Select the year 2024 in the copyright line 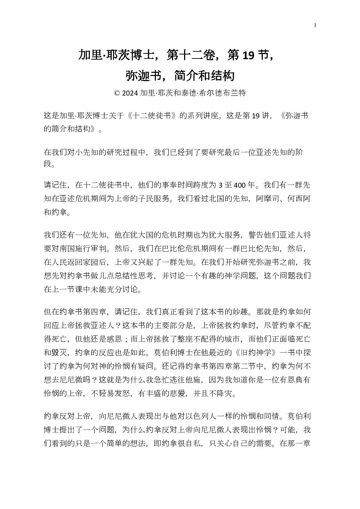pyautogui.click(x=130, y=93)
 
